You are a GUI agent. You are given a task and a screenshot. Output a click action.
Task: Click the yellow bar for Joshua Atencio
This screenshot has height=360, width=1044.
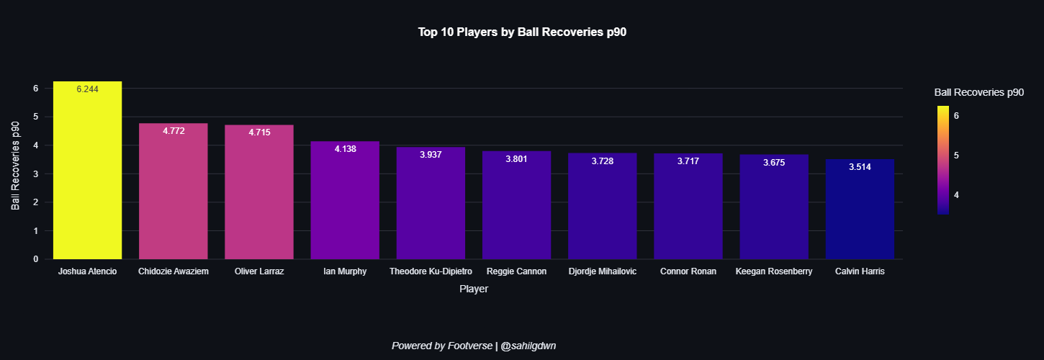tap(87, 173)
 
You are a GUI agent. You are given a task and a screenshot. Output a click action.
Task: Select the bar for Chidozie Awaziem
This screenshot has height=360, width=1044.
tap(173, 194)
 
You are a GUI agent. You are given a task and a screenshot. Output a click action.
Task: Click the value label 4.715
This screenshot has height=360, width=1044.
tap(259, 132)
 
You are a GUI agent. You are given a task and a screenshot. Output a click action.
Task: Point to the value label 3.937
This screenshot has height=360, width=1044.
tap(431, 155)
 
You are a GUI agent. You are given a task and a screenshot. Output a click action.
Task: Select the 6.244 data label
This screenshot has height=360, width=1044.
tap(87, 89)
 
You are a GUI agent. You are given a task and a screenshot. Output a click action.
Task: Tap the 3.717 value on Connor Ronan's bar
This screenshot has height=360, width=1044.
tap(688, 161)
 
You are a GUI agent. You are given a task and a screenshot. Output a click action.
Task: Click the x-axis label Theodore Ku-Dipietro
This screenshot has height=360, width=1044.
tap(431, 271)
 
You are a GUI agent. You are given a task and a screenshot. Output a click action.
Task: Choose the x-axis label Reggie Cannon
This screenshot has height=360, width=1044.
tap(516, 271)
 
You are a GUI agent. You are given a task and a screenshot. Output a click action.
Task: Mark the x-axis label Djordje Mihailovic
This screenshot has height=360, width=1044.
tap(602, 271)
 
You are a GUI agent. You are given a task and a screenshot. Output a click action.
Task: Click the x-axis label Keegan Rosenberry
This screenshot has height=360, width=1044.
tap(774, 271)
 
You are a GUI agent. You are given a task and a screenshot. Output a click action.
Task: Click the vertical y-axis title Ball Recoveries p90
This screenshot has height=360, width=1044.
tap(16, 166)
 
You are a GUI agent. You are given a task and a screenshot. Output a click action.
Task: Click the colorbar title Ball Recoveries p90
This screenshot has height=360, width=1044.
tap(978, 92)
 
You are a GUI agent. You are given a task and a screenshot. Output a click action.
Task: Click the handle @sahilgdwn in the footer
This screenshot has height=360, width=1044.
tap(528, 346)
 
